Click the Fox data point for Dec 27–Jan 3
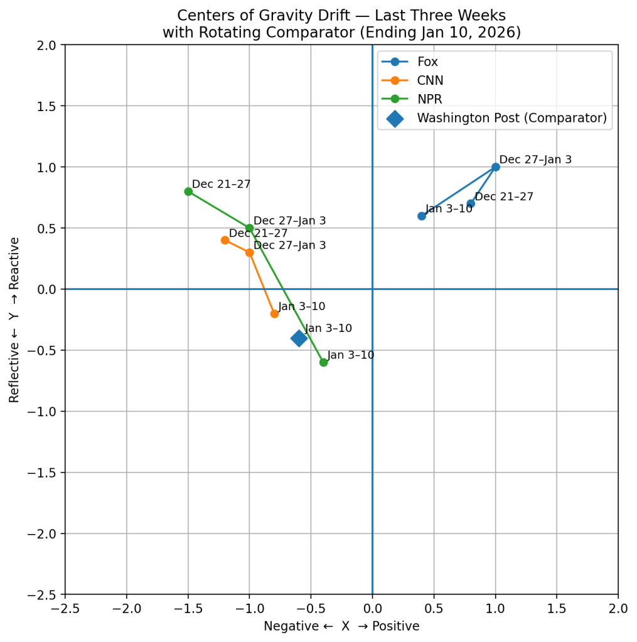[x=495, y=167]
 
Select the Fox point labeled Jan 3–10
[x=422, y=216]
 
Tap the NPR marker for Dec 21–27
[x=188, y=191]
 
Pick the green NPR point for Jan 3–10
[x=323, y=362]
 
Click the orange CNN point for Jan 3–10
[x=274, y=313]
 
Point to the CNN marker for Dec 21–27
[x=225, y=240]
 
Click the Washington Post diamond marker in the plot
[x=299, y=338]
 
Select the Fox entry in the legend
[x=427, y=62]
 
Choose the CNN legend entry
[x=430, y=80]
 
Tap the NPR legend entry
[x=430, y=99]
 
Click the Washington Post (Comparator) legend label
[x=511, y=118]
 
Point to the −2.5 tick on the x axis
[x=65, y=608]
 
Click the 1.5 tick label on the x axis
[x=557, y=608]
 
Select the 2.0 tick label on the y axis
[x=48, y=45]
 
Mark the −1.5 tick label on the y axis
[x=44, y=473]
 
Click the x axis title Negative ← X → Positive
[x=341, y=626]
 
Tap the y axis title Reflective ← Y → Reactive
[x=14, y=319]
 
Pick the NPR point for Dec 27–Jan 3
[x=249, y=228]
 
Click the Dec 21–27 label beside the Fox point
[x=504, y=197]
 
